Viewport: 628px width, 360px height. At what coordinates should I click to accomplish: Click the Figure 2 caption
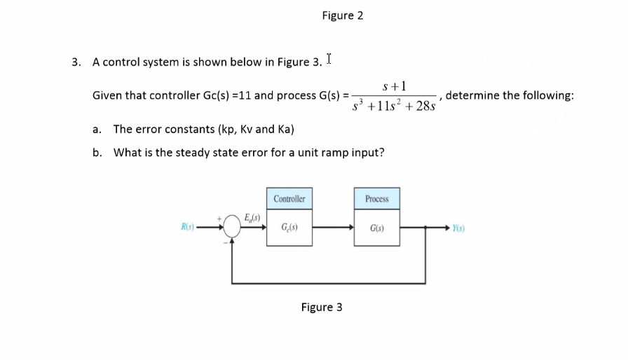pyautogui.click(x=343, y=15)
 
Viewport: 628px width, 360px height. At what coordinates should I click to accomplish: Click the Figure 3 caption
pyautogui.click(x=322, y=307)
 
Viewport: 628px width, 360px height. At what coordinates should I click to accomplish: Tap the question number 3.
pyautogui.click(x=76, y=62)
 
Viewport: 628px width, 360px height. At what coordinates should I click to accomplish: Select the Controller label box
pyautogui.click(x=289, y=199)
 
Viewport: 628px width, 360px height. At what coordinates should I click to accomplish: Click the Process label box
pyautogui.click(x=377, y=199)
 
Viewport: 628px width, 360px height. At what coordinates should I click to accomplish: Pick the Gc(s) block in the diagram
pyautogui.click(x=289, y=227)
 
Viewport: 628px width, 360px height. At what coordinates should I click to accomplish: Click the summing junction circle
pyautogui.click(x=233, y=227)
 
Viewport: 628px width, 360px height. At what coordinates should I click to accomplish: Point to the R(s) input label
pyautogui.click(x=186, y=227)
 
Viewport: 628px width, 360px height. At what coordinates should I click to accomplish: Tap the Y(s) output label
pyautogui.click(x=459, y=227)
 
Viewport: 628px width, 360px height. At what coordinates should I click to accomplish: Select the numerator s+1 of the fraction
pyautogui.click(x=395, y=86)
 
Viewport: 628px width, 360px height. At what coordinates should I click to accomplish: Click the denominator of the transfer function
pyautogui.click(x=395, y=106)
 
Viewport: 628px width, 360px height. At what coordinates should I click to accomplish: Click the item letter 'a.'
pyautogui.click(x=97, y=129)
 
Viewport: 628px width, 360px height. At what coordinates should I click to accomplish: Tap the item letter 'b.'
pyautogui.click(x=97, y=152)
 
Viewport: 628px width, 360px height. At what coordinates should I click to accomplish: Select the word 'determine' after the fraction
pyautogui.click(x=470, y=95)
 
